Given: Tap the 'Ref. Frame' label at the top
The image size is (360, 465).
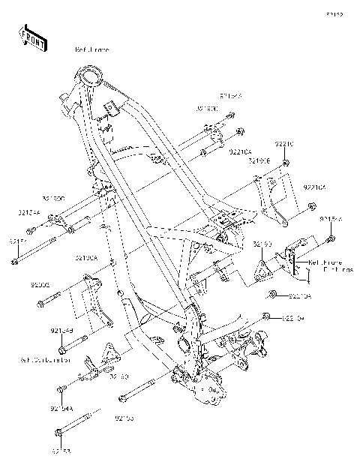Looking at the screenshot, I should [x=92, y=49].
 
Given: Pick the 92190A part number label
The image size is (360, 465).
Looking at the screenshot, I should [x=86, y=257].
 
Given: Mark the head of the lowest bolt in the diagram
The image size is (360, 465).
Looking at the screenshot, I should [x=59, y=433].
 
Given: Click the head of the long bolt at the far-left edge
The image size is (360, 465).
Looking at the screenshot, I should [x=15, y=262].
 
